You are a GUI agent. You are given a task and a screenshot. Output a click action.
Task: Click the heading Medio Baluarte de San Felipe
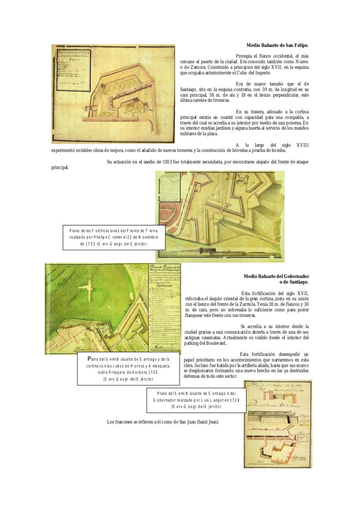277,46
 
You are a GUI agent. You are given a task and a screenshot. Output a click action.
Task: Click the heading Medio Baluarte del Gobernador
276,276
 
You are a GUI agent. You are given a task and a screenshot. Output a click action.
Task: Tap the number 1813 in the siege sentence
167,161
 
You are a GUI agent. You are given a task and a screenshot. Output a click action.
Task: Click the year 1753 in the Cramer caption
87,243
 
